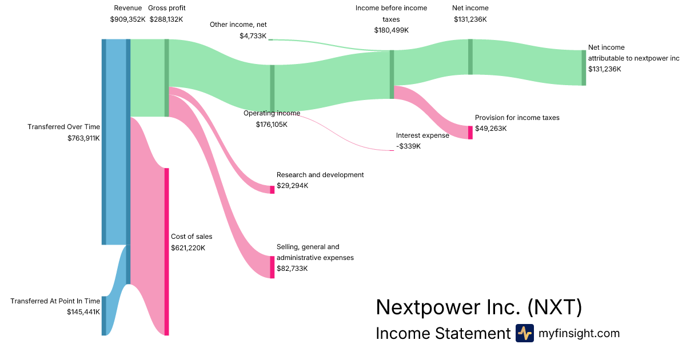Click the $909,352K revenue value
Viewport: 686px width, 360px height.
pyautogui.click(x=127, y=19)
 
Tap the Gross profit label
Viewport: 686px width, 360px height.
pyautogui.click(x=166, y=8)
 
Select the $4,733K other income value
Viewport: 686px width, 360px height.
pyautogui.click(x=253, y=35)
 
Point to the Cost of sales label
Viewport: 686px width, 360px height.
pyautogui.click(x=192, y=236)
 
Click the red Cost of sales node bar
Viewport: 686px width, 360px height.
pyautogui.click(x=167, y=251)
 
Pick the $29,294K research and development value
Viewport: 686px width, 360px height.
pyautogui.click(x=292, y=186)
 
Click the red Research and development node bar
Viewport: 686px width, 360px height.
pyautogui.click(x=272, y=190)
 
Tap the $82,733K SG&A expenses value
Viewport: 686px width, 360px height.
pyautogui.click(x=292, y=269)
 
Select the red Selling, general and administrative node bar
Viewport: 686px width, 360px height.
pyautogui.click(x=272, y=267)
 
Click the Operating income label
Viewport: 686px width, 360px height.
pyautogui.click(x=272, y=113)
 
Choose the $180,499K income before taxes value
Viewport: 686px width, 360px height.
pyautogui.click(x=391, y=30)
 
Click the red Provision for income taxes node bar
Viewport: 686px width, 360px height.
pyautogui.click(x=470, y=133)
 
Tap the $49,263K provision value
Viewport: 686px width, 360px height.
pyautogui.click(x=490, y=129)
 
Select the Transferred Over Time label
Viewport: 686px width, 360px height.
pyautogui.click(x=63, y=127)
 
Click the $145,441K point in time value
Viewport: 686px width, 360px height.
pyautogui.click(x=83, y=312)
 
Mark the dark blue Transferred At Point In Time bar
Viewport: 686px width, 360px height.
pyautogui.click(x=104, y=316)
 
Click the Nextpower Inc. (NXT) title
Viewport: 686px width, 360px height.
pyautogui.click(x=479, y=307)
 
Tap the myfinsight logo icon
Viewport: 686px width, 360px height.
pyautogui.click(x=525, y=333)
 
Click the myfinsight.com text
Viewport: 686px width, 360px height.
pyautogui.click(x=579, y=333)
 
